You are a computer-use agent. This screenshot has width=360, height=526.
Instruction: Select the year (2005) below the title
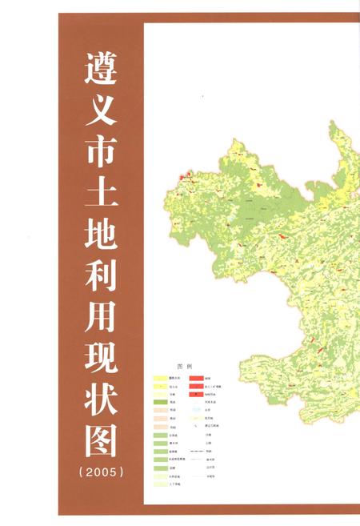102,472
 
